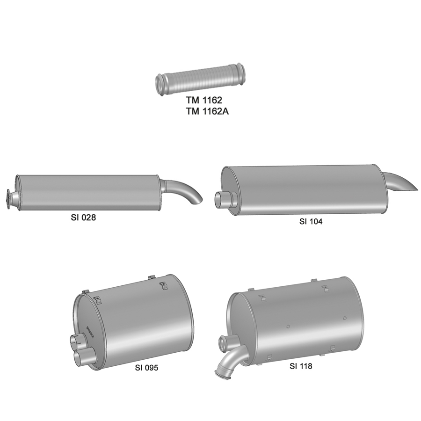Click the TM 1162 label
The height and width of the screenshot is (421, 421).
point(204,100)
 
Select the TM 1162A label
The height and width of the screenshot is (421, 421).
point(207,111)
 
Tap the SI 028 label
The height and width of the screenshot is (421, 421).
point(83,217)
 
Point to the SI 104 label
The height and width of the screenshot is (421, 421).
point(311,221)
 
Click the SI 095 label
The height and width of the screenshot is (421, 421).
point(146,368)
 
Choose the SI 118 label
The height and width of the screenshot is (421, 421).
point(301,366)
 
